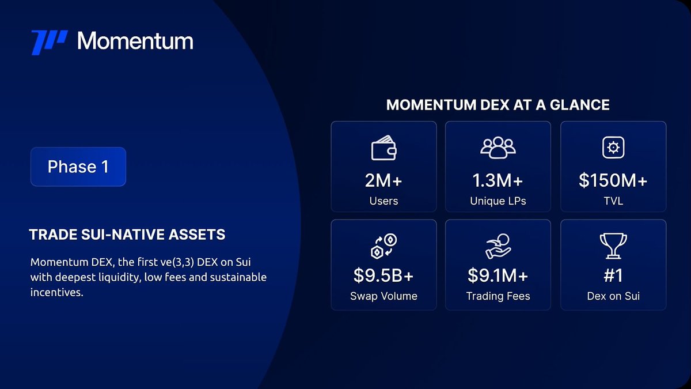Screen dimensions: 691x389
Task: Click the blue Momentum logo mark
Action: (x=50, y=42)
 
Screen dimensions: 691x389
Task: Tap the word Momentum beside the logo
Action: (x=135, y=41)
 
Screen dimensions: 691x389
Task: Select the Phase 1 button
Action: (x=78, y=167)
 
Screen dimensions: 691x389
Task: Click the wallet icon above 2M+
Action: (x=384, y=148)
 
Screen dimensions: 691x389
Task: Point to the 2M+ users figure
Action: (x=384, y=180)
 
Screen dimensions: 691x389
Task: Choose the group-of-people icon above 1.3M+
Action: (x=498, y=148)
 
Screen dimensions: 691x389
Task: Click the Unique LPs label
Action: (x=498, y=201)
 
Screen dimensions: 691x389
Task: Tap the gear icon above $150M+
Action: (x=613, y=148)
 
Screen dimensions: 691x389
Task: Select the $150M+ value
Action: (x=613, y=180)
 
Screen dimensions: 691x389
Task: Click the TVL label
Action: (x=613, y=201)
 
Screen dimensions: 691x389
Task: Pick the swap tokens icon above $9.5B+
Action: (x=384, y=246)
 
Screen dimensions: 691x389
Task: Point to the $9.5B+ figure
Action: (x=384, y=275)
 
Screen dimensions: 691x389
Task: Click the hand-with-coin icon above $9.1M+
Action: (x=498, y=246)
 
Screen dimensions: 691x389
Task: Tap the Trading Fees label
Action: (x=498, y=296)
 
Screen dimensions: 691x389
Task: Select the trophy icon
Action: (x=613, y=246)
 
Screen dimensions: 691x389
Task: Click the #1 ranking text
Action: (x=613, y=275)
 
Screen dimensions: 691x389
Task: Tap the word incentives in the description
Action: (x=57, y=292)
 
